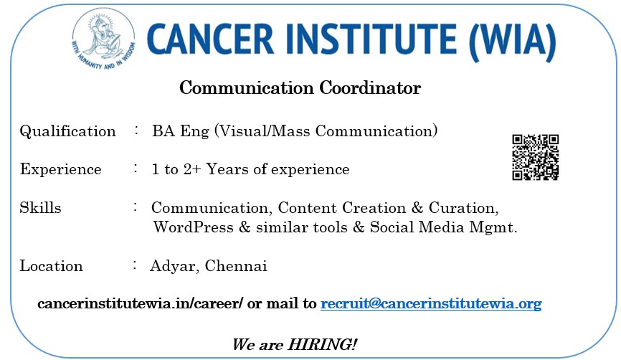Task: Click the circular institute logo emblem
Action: coord(103,39)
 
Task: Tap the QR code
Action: coord(535,157)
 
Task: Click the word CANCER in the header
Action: coord(210,39)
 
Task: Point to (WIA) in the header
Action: coord(513,41)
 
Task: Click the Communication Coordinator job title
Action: coord(300,88)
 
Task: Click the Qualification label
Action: coord(67,131)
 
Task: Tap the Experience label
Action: coord(61,169)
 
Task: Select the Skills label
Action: coord(40,207)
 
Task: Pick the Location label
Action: coord(51,266)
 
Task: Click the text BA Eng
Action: coord(181,131)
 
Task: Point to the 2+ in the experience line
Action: coord(192,169)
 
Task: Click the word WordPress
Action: coord(194,227)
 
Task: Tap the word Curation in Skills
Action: coord(463,208)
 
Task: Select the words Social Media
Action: coord(417,227)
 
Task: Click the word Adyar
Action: coord(174,266)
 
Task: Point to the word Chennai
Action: coord(236,266)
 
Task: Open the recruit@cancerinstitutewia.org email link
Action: coord(431,304)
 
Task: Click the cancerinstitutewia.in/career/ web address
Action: coord(140,304)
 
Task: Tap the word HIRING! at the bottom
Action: coord(322,344)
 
